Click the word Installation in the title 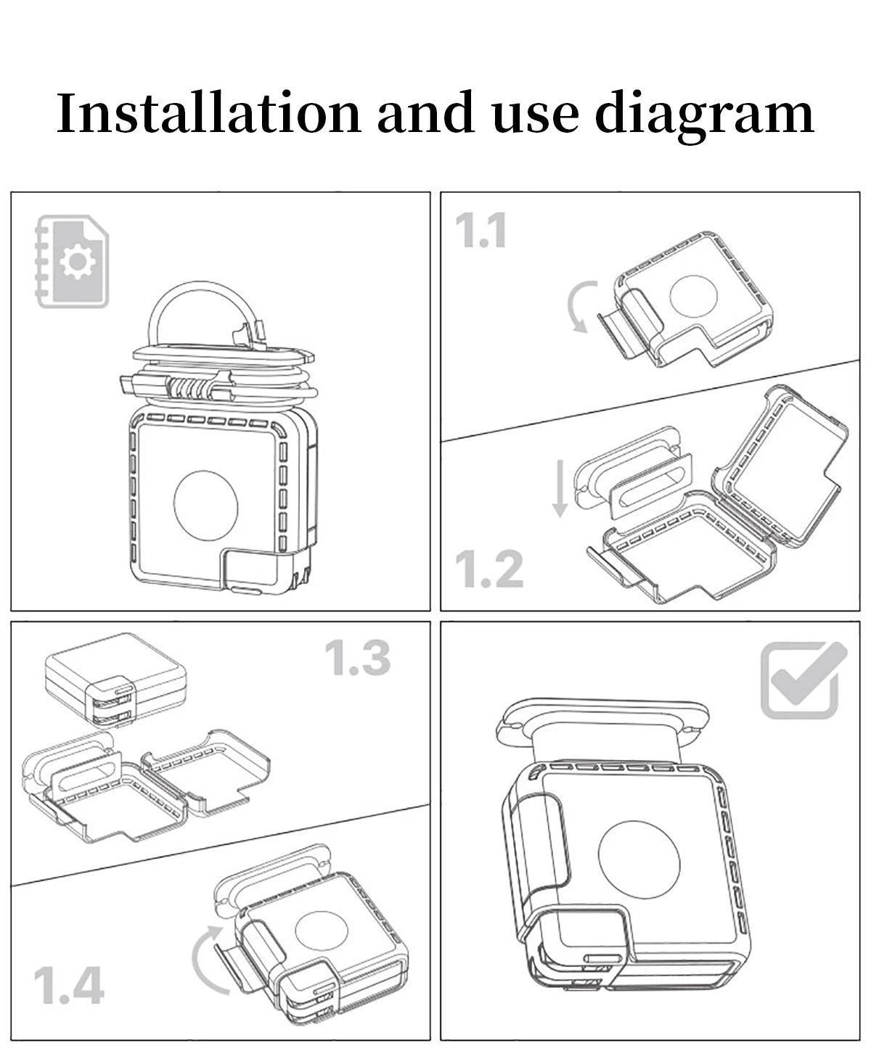click(208, 112)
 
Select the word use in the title click(536, 119)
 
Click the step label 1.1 click(481, 231)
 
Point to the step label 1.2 click(488, 569)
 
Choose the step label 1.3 click(358, 657)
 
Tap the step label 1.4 click(69, 986)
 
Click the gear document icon click(72, 262)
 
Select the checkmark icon click(803, 680)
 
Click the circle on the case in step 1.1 click(693, 296)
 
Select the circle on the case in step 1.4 click(322, 931)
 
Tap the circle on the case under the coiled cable click(206, 506)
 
